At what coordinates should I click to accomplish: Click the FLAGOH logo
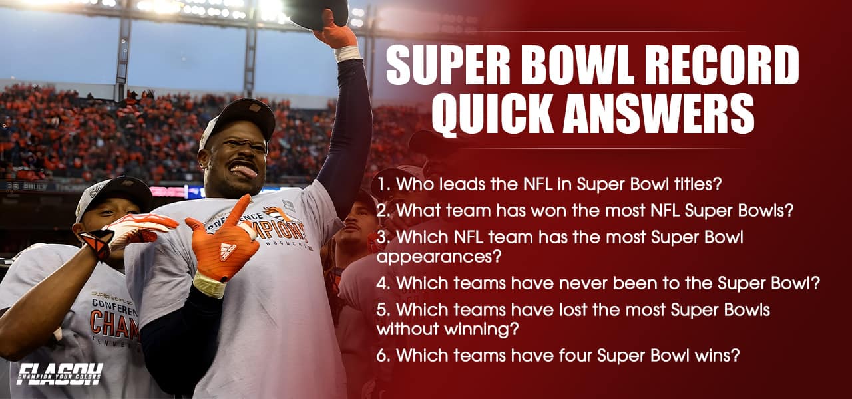(60, 374)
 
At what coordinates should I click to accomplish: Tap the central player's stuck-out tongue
(245, 172)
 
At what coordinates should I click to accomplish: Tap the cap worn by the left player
(113, 194)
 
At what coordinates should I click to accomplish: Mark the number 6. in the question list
(385, 355)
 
